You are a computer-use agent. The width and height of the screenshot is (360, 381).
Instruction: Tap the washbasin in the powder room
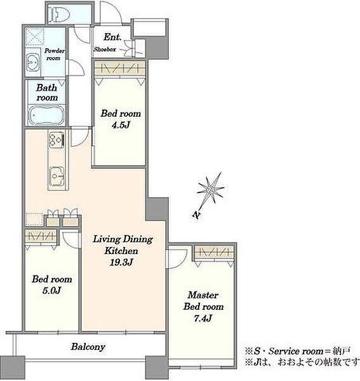pyautogui.click(x=32, y=63)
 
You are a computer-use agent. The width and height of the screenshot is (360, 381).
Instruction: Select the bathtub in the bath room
pyautogui.click(x=46, y=116)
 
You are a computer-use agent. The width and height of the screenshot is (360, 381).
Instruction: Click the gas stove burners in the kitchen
pyautogui.click(x=57, y=140)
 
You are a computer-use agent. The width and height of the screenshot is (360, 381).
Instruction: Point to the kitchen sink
pyautogui.click(x=57, y=176)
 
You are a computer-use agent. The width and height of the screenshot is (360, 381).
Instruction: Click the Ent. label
pyautogui.click(x=112, y=37)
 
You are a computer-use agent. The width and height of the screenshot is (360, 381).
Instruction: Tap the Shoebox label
pyautogui.click(x=105, y=50)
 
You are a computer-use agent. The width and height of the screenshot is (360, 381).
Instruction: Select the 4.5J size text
pyautogui.click(x=121, y=125)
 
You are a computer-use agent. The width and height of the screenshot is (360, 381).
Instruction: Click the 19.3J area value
pyautogui.click(x=121, y=262)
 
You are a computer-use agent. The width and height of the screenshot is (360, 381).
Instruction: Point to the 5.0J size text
pyautogui.click(x=51, y=290)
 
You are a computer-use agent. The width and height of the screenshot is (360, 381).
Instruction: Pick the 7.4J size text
pyautogui.click(x=203, y=318)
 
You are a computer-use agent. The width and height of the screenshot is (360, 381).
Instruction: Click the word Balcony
pyautogui.click(x=88, y=347)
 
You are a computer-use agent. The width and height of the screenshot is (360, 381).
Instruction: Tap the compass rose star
pyautogui.click(x=211, y=189)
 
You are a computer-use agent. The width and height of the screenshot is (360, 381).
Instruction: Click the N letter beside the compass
pyautogui.click(x=196, y=215)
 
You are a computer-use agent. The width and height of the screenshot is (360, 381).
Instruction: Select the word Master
pyautogui.click(x=203, y=295)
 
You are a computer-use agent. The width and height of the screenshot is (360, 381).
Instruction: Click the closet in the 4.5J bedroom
pyautogui.click(x=120, y=69)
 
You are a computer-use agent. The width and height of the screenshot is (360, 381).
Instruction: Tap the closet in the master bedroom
pyautogui.click(x=214, y=252)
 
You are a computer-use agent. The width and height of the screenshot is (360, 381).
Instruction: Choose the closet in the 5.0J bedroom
pyautogui.click(x=41, y=236)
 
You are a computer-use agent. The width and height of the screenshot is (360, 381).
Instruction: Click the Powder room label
pyautogui.click(x=55, y=55)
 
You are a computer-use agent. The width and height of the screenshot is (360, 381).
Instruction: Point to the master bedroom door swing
pyautogui.click(x=177, y=258)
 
